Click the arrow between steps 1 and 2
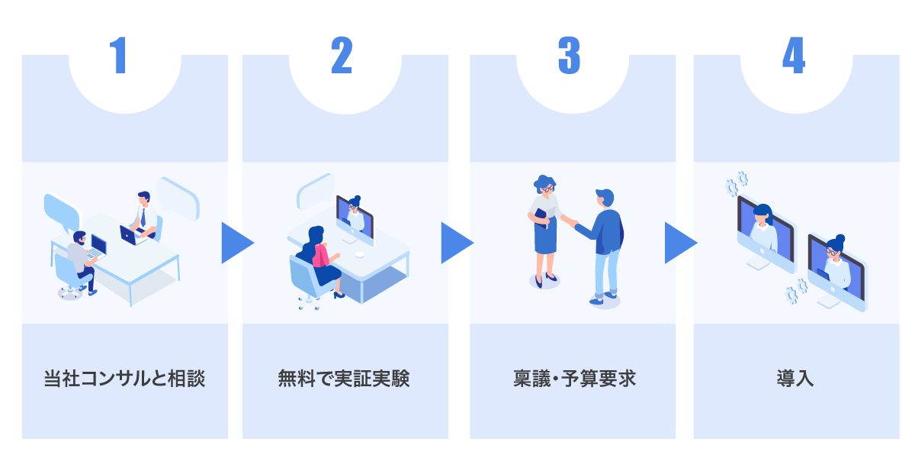[x=236, y=243]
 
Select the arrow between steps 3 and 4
[x=679, y=243]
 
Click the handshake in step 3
[x=570, y=222]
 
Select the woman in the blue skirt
[x=544, y=229]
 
